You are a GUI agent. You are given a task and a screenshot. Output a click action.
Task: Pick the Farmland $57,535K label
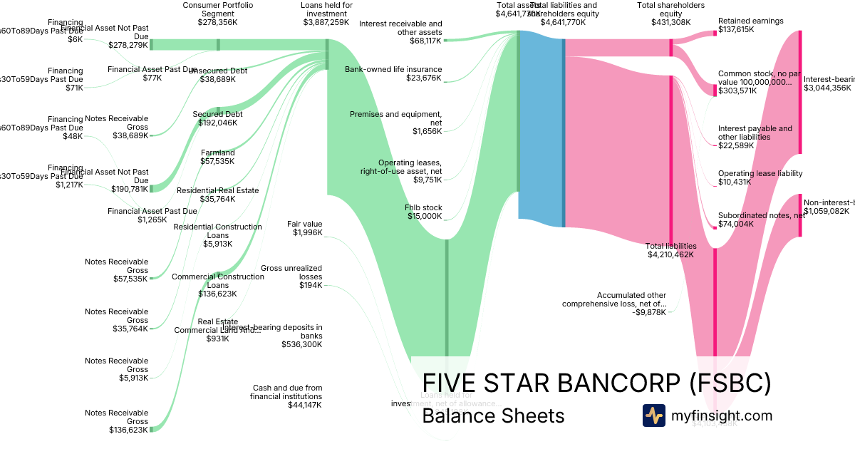point(217,157)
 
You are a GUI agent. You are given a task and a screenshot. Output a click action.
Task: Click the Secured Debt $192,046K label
point(217,118)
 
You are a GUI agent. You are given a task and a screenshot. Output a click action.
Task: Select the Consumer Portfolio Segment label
point(217,14)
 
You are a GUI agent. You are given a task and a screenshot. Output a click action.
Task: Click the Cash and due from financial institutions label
point(287,396)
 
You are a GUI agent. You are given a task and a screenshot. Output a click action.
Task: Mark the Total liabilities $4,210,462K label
point(670,250)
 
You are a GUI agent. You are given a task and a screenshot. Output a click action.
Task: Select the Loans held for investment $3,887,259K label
point(326,14)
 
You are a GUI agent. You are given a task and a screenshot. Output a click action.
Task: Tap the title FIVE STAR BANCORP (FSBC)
point(596,383)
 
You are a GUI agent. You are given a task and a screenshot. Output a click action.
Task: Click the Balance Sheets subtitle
point(493,416)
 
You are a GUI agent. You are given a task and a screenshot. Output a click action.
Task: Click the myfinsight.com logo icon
point(653,416)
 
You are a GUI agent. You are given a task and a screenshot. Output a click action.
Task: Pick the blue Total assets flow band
point(541,128)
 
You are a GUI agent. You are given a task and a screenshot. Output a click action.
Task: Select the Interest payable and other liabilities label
point(755,133)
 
